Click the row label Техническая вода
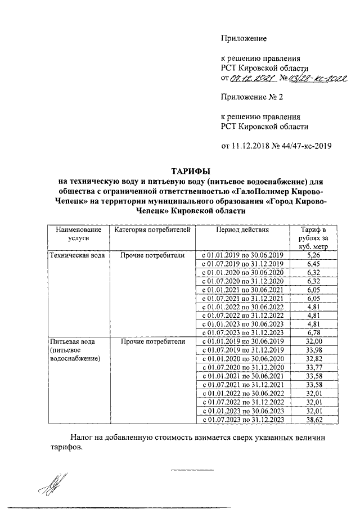pos(77,255)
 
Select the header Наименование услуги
pos(78,233)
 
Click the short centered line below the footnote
pos(192,469)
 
